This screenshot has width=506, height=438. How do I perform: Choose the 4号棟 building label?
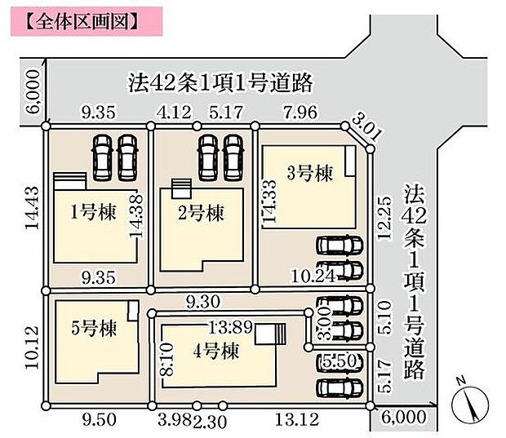point(215,352)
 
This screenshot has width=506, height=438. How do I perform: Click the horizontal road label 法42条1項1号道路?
point(221,82)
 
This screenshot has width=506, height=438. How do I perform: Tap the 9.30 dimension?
point(203,300)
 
